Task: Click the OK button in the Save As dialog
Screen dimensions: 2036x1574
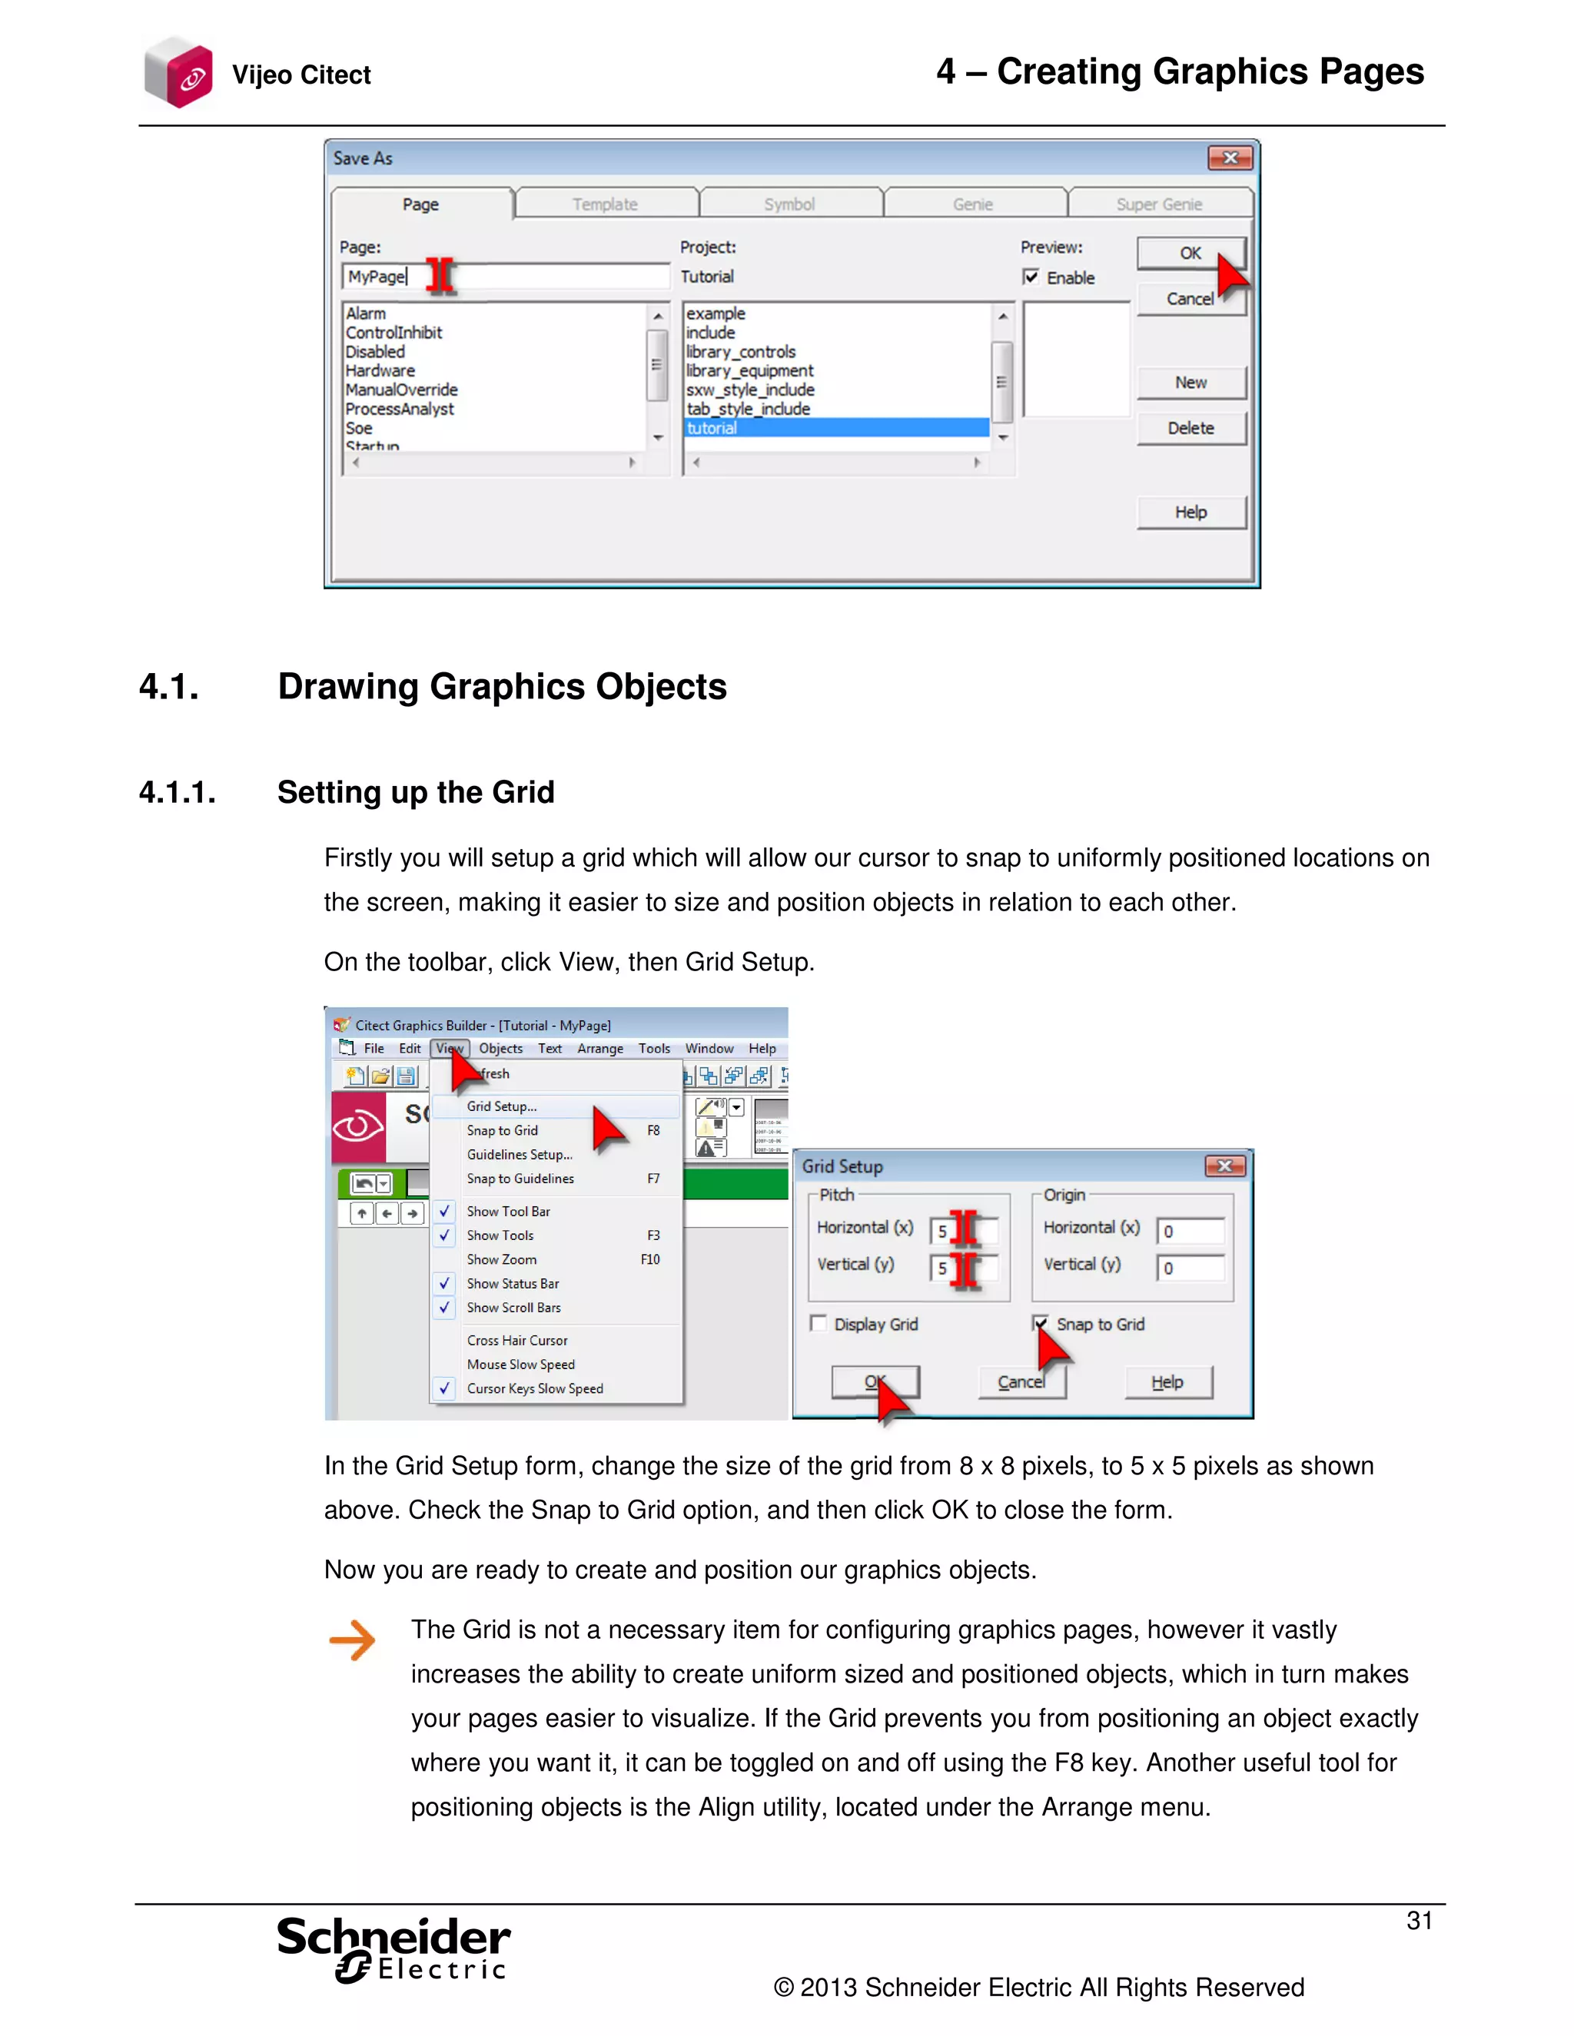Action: [1190, 253]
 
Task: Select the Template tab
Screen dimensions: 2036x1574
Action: [605, 204]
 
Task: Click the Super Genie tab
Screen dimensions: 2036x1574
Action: [1158, 204]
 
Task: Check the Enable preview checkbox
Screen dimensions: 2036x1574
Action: [1031, 277]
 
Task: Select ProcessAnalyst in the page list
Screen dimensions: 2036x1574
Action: [400, 408]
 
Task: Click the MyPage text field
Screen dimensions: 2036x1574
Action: [504, 277]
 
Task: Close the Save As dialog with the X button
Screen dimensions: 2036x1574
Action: [1229, 158]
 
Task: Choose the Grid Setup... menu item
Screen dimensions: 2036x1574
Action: [502, 1106]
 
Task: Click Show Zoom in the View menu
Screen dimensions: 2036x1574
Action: [502, 1259]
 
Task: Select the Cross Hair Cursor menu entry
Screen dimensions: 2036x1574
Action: [516, 1340]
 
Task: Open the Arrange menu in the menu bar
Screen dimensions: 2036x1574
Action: [599, 1048]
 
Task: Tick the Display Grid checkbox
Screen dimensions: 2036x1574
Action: [819, 1324]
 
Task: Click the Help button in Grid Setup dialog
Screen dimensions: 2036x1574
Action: [1167, 1381]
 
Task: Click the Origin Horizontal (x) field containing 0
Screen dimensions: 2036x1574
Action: [1190, 1231]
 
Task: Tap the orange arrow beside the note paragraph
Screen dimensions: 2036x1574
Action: [351, 1640]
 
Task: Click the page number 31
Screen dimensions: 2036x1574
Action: [1418, 1921]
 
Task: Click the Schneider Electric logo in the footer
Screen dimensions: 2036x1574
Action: [393, 1948]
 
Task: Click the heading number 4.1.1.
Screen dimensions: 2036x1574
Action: [178, 792]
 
